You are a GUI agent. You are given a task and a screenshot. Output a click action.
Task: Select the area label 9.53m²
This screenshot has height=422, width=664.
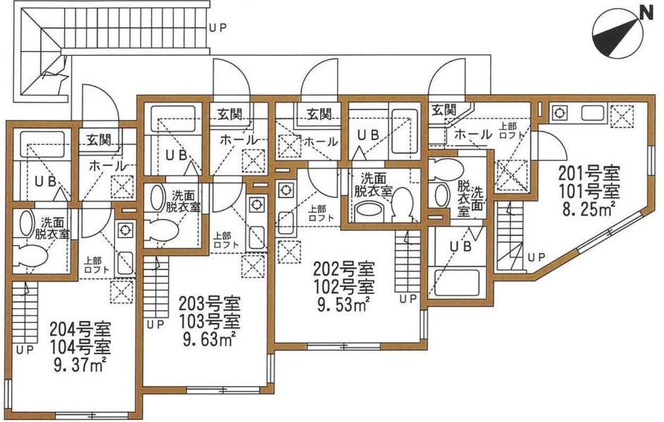[x=343, y=304]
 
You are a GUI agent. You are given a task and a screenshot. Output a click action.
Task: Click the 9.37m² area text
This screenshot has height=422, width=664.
[x=80, y=364]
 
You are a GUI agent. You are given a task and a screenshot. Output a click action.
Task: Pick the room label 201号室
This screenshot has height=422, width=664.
[x=589, y=174]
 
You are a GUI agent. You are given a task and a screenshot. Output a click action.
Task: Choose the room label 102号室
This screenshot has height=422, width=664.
[x=343, y=286]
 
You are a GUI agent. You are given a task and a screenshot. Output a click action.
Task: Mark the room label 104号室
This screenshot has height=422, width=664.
[x=80, y=346]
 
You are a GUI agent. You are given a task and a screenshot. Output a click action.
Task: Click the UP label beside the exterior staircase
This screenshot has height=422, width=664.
[x=218, y=28]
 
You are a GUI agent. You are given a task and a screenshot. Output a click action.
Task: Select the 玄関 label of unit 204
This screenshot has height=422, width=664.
[x=99, y=140]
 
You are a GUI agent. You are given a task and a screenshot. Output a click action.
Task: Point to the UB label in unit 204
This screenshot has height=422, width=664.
[x=45, y=182]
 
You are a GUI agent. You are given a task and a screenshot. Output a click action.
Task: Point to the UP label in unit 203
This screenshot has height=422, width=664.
[x=155, y=325]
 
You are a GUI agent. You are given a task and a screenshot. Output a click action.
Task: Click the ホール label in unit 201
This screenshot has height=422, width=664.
[x=473, y=135]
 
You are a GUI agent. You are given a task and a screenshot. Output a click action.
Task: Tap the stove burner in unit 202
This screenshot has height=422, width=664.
[x=284, y=189]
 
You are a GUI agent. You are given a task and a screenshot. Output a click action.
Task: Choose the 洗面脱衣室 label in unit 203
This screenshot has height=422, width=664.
[x=182, y=201]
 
